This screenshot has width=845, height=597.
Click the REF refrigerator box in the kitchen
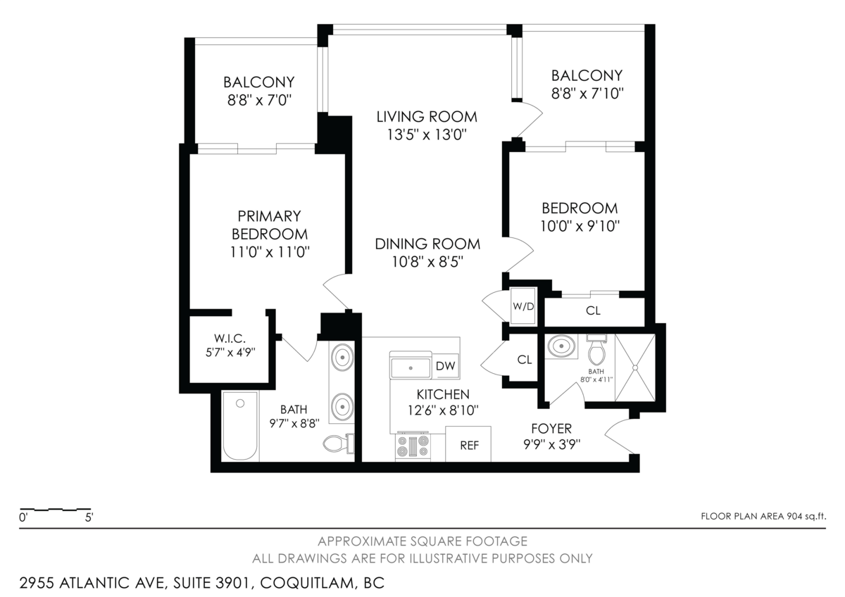[x=469, y=445]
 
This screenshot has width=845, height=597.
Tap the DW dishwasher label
[x=444, y=366]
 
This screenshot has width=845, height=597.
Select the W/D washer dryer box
[x=522, y=306]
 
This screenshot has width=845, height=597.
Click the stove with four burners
[x=413, y=446]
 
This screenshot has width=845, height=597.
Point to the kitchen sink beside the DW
[x=411, y=367]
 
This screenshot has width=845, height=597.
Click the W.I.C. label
[x=230, y=339]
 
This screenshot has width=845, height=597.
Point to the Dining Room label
[x=427, y=244]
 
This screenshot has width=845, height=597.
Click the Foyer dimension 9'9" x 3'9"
[x=551, y=444]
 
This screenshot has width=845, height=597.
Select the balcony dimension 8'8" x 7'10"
[x=587, y=92]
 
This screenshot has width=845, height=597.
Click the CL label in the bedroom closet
[x=593, y=310]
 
